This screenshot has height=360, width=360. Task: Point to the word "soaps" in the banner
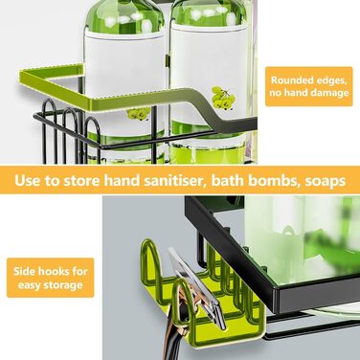(x=326, y=182)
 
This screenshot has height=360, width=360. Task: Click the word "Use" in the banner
(x=27, y=181)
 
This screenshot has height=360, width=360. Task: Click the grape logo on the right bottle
(x=223, y=97)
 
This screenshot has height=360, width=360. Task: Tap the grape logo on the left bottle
(x=138, y=113)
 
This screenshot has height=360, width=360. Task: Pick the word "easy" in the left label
(x=30, y=285)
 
